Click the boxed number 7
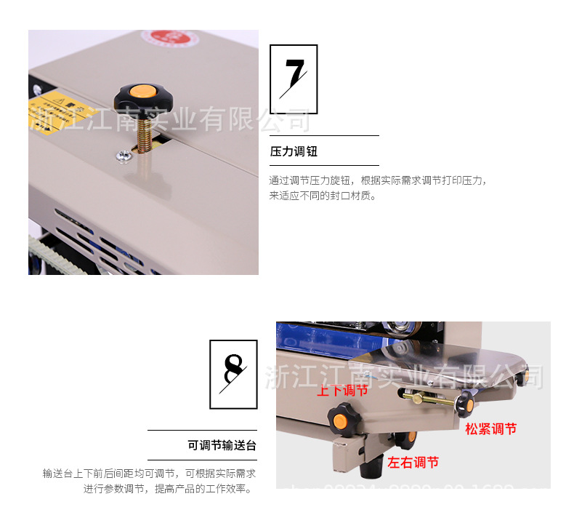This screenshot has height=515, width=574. (294, 73)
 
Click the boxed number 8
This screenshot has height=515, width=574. (233, 374)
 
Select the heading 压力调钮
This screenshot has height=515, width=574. (294, 152)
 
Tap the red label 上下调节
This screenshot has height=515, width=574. (342, 391)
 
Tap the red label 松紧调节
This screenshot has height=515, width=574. (491, 429)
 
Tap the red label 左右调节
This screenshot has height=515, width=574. (413, 462)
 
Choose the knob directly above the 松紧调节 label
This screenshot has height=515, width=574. (466, 402)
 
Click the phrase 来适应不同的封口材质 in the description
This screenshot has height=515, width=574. (320, 196)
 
